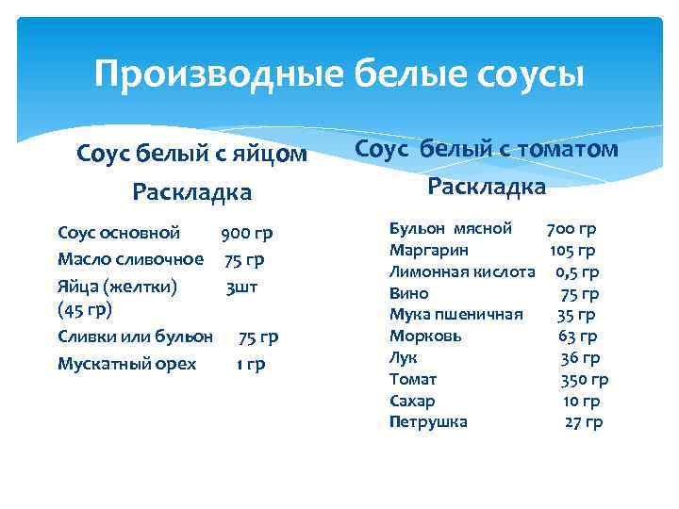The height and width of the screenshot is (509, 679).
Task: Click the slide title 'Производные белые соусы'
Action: coord(339,74)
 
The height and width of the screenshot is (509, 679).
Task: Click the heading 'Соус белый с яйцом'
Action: coord(191,153)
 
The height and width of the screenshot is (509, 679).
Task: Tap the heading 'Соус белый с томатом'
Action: coord(487,149)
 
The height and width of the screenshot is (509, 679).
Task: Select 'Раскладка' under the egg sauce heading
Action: coord(191,192)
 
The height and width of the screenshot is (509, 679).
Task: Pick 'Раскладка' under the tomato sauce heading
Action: coord(487,187)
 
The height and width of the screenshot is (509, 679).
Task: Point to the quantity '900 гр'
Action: coord(247,232)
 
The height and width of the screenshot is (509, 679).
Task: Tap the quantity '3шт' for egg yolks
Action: coord(241,287)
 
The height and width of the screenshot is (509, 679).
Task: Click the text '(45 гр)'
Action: coord(85,309)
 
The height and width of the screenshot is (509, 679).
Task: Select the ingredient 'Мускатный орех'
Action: coord(127,364)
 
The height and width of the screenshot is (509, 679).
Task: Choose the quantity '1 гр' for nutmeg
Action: coord(251,364)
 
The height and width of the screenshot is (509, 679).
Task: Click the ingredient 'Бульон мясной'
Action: coord(451,229)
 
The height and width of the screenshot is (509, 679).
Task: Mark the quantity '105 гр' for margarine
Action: coord(572,251)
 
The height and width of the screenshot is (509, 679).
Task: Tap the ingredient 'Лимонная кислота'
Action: coord(462,272)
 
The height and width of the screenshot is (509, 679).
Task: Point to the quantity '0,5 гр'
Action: coord(577,272)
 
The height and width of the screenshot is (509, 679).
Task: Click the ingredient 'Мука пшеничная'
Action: coord(456,315)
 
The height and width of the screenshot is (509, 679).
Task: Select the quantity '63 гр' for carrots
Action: coord(577,337)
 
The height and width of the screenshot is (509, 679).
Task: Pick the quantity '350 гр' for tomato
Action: coord(585,380)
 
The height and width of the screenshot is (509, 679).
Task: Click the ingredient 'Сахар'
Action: coord(412,401)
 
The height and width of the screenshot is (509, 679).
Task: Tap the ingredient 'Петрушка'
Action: coord(428,422)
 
